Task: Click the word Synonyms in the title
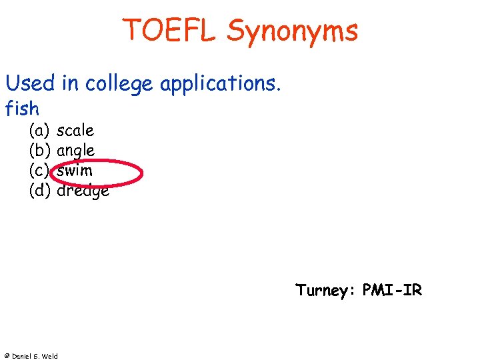pos(293,32)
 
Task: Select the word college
pos(117,85)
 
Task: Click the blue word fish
pos(22,107)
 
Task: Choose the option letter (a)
pos(40,131)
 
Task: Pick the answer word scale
pos(75,131)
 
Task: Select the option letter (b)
pos(40,151)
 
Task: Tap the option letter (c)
pos(40,171)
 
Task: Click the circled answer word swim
pos(75,171)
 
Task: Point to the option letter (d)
pos(40,191)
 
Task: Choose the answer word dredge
pos(83,191)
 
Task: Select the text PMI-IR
pos(393,291)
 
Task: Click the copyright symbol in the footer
pos(5,356)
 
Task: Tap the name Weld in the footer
pos(50,356)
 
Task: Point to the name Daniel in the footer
pos(20,356)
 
